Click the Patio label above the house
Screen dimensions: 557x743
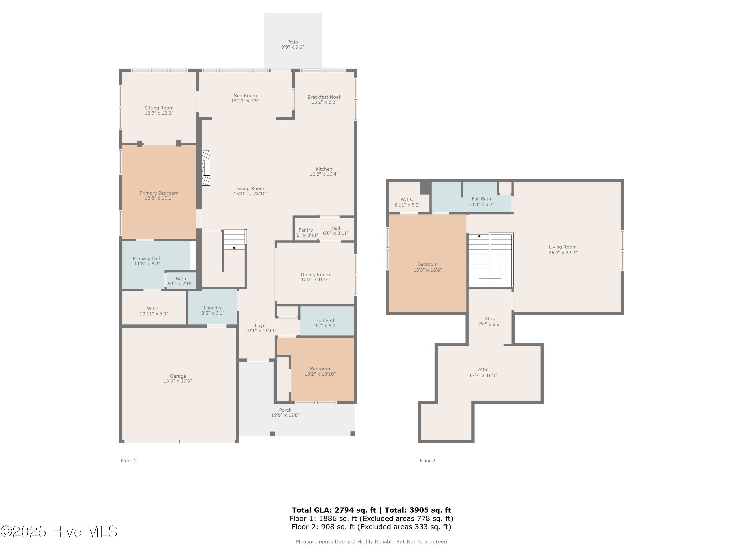point(292,42)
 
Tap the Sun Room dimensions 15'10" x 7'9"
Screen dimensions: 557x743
point(245,101)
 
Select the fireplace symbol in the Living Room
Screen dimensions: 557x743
point(206,168)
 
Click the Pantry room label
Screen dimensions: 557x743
point(305,230)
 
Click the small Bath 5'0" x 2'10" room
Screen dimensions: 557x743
point(181,281)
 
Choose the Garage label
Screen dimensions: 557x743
point(178,376)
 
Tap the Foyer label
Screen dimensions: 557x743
point(261,325)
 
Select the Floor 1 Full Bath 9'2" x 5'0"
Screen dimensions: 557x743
point(325,323)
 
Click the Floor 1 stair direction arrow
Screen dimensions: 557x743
point(234,248)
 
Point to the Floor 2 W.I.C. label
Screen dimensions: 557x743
point(407,200)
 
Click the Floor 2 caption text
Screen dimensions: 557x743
point(427,461)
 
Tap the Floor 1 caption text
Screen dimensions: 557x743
point(129,461)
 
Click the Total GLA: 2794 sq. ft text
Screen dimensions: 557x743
point(334,510)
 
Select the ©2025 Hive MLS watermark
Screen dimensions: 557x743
point(59,532)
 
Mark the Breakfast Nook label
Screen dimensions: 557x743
point(324,97)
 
